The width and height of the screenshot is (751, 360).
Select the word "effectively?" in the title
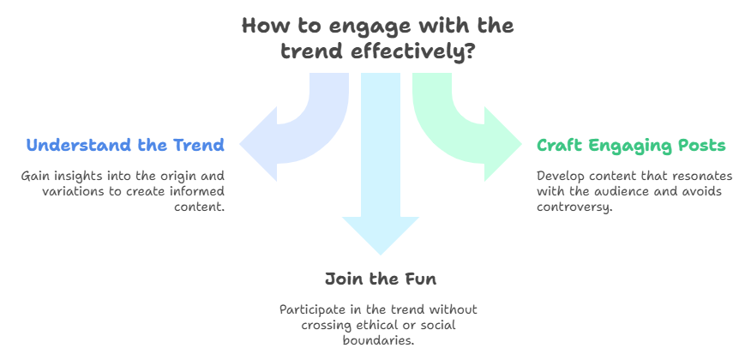click(413, 51)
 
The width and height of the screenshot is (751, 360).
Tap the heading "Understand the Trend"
click(125, 145)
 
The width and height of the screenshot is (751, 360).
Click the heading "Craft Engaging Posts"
click(631, 145)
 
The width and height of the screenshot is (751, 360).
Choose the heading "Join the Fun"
click(381, 279)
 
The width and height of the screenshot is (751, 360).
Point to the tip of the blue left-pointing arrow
click(240, 144)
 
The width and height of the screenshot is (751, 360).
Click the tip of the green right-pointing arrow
click(521, 144)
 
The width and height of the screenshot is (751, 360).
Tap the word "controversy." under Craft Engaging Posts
click(574, 207)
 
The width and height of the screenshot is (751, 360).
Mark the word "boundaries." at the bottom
click(378, 340)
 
